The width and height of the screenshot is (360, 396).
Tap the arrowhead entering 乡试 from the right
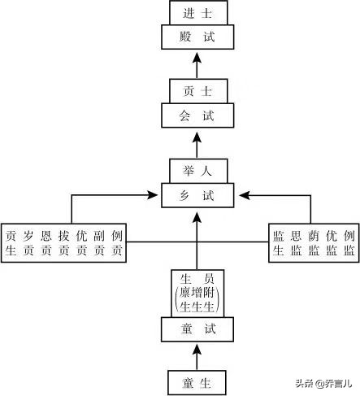tap(241, 195)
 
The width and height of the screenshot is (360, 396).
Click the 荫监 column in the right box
tap(312, 242)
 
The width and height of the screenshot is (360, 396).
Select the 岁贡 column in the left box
tap(28, 242)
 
